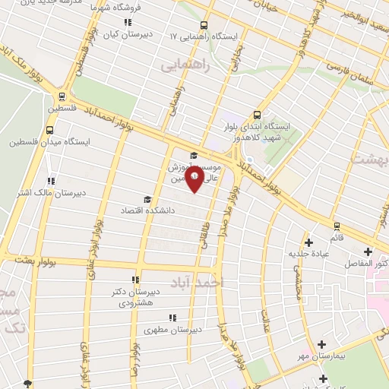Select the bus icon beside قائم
336,226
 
